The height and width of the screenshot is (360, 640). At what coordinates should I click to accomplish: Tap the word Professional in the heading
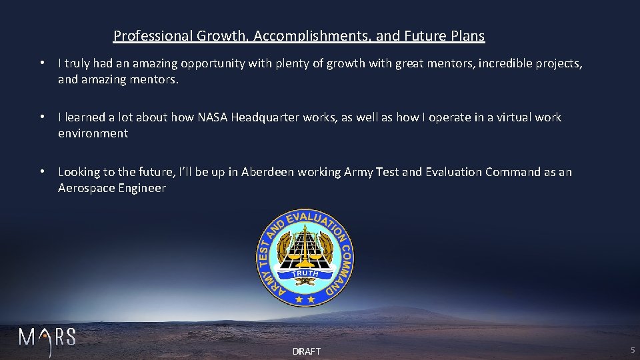click(153, 36)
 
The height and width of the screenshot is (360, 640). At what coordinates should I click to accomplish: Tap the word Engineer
click(141, 188)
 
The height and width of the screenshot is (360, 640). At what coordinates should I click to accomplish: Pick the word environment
click(93, 133)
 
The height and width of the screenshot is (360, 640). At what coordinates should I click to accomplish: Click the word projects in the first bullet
click(559, 64)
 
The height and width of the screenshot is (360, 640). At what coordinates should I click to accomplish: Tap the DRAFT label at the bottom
click(307, 351)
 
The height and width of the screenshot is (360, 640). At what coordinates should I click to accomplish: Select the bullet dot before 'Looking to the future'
click(42, 172)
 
